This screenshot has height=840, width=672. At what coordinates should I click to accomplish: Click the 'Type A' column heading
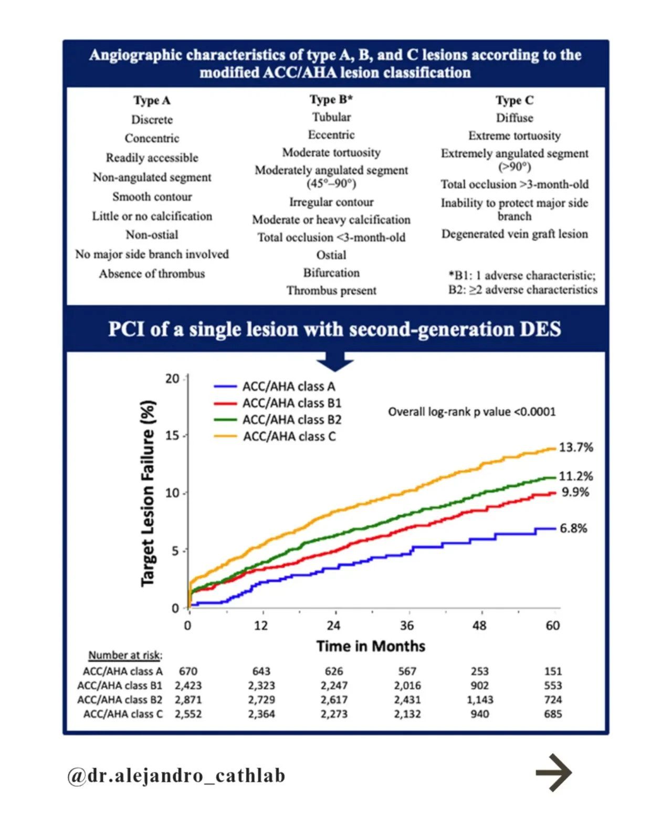(x=152, y=100)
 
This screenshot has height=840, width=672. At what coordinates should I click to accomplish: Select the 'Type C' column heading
(x=514, y=100)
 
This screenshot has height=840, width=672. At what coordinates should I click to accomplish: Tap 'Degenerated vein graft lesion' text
(x=514, y=234)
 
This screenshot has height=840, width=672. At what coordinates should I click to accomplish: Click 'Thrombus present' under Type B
(x=331, y=291)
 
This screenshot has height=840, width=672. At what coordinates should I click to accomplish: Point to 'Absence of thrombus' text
(x=152, y=274)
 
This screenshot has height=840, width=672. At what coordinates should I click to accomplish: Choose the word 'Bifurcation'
(x=331, y=272)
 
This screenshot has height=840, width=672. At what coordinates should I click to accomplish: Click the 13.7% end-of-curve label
(x=575, y=448)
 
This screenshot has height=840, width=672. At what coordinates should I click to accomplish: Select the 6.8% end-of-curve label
(x=573, y=528)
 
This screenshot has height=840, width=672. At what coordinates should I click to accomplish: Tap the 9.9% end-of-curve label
(x=575, y=492)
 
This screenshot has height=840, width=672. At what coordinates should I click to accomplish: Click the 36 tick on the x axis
(x=407, y=626)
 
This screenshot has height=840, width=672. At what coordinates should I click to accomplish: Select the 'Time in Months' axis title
(x=370, y=646)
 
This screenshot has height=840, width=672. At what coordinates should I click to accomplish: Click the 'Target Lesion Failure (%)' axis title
(x=148, y=493)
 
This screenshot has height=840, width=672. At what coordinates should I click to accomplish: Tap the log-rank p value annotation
(x=471, y=412)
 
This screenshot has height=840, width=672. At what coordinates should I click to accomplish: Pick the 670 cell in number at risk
(x=188, y=672)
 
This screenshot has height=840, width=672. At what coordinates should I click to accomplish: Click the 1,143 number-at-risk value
(x=480, y=700)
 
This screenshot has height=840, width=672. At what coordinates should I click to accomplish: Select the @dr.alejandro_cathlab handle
(x=176, y=775)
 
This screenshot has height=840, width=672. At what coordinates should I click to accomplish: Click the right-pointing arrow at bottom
(x=554, y=773)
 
